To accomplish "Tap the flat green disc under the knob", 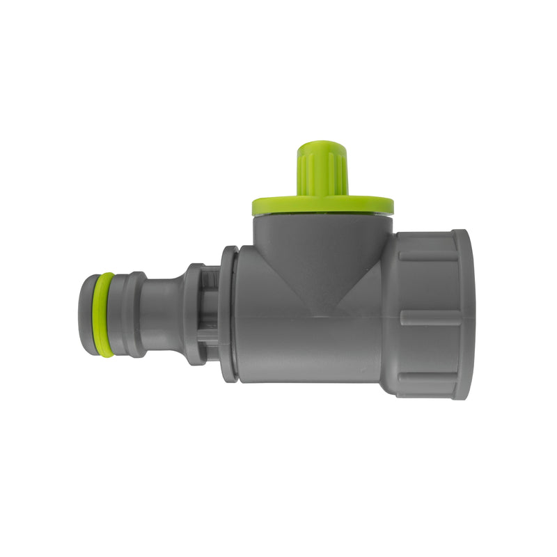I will (x=322, y=205).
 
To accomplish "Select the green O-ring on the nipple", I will (x=104, y=314).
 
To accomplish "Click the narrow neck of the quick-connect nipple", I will (x=163, y=314).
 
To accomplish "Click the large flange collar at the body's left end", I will (x=229, y=314).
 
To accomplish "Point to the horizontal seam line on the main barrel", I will (x=306, y=318).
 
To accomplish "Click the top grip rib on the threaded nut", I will (x=428, y=255).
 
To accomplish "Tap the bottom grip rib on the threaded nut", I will (x=428, y=379).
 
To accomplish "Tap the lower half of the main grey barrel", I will (x=306, y=352).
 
